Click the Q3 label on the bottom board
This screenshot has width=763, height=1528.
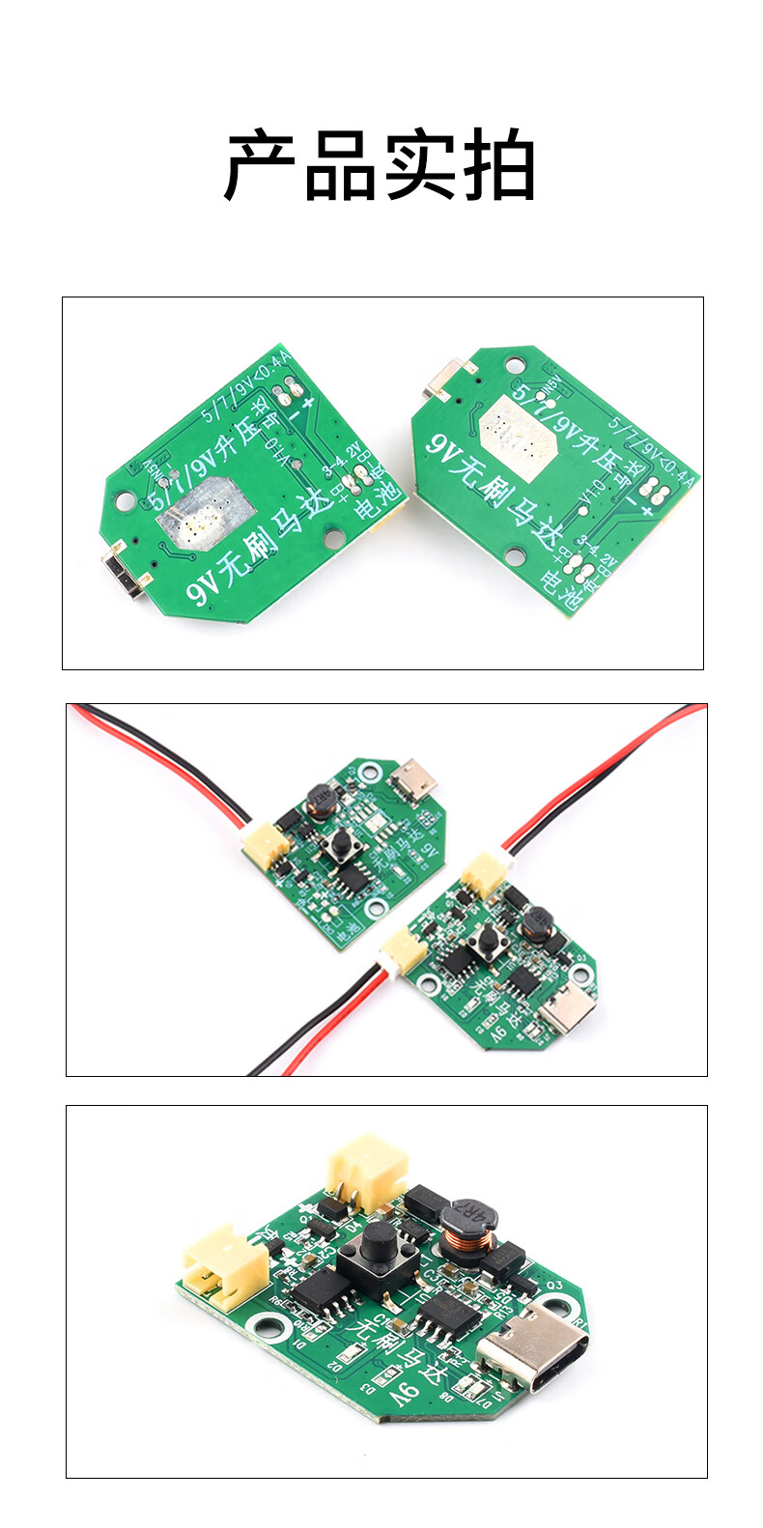pos(554,1286)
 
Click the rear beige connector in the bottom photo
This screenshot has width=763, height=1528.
pos(367,1168)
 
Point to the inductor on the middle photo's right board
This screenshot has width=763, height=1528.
pos(535,923)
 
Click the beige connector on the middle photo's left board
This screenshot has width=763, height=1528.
pos(264,846)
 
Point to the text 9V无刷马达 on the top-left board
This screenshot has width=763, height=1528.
pos(259,548)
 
